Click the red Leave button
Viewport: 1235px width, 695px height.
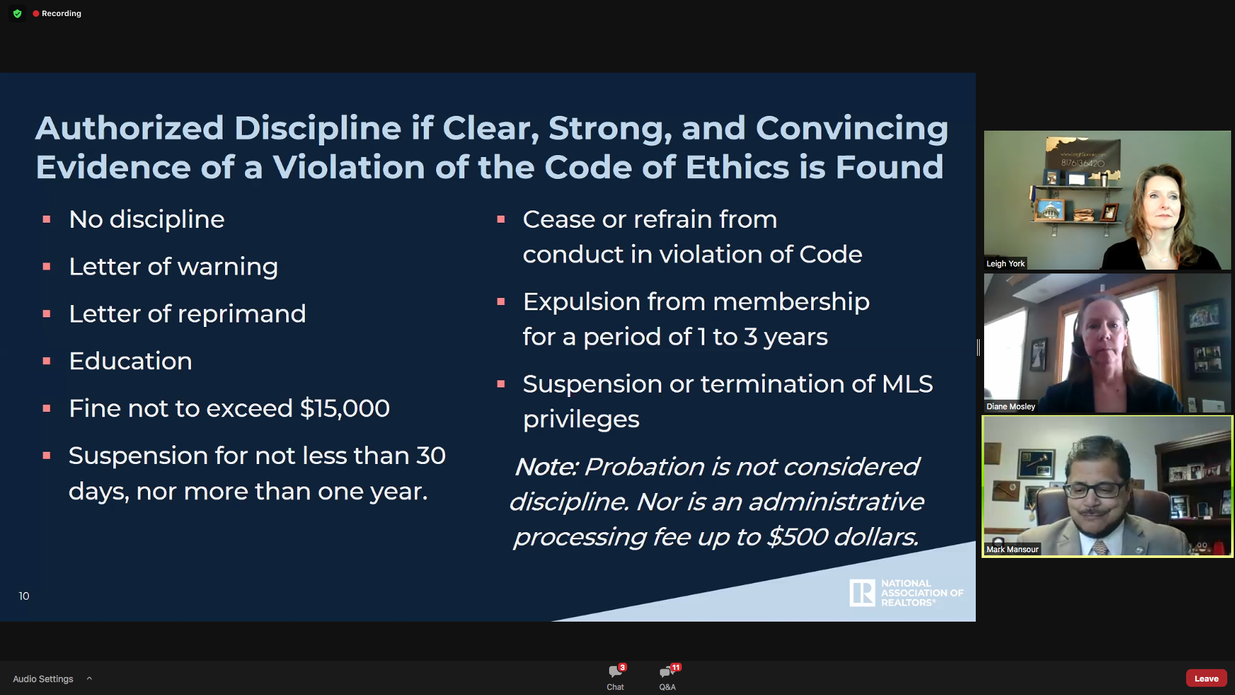point(1206,678)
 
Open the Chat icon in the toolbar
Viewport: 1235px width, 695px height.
point(615,672)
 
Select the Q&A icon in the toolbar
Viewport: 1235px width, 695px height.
point(667,672)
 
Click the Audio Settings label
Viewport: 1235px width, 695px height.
point(43,679)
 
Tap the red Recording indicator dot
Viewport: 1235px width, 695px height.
point(36,14)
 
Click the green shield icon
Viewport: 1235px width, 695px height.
point(17,14)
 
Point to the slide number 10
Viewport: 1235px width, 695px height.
point(24,596)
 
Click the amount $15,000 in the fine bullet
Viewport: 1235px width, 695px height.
point(345,409)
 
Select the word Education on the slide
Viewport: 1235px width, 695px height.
point(131,361)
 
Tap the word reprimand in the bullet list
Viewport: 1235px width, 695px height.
point(242,315)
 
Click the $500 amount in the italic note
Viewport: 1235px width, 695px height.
point(798,537)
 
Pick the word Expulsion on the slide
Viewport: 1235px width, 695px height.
point(581,302)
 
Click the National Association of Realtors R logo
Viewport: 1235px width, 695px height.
point(862,593)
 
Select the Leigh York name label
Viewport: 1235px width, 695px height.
point(1005,264)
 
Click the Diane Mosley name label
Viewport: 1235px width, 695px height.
point(1011,407)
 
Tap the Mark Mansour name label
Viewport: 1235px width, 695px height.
point(1012,550)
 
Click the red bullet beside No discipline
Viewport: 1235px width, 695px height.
point(46,220)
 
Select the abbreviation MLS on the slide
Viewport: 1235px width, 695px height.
point(908,384)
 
